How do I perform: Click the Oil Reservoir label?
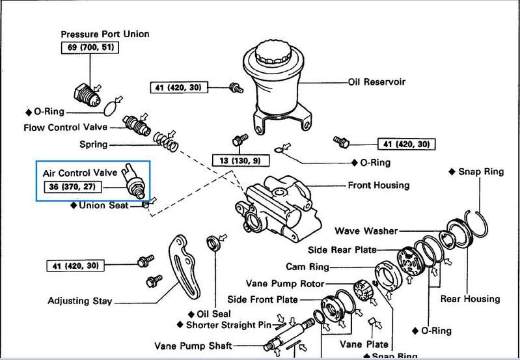[377, 83]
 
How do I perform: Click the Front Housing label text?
[379, 186]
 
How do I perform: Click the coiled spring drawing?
[165, 137]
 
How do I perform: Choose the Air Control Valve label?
[80, 173]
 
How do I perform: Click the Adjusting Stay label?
[80, 301]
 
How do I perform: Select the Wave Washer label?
[366, 231]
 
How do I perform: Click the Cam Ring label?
[308, 267]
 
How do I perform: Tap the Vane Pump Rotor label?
[284, 284]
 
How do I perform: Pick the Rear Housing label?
[470, 299]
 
